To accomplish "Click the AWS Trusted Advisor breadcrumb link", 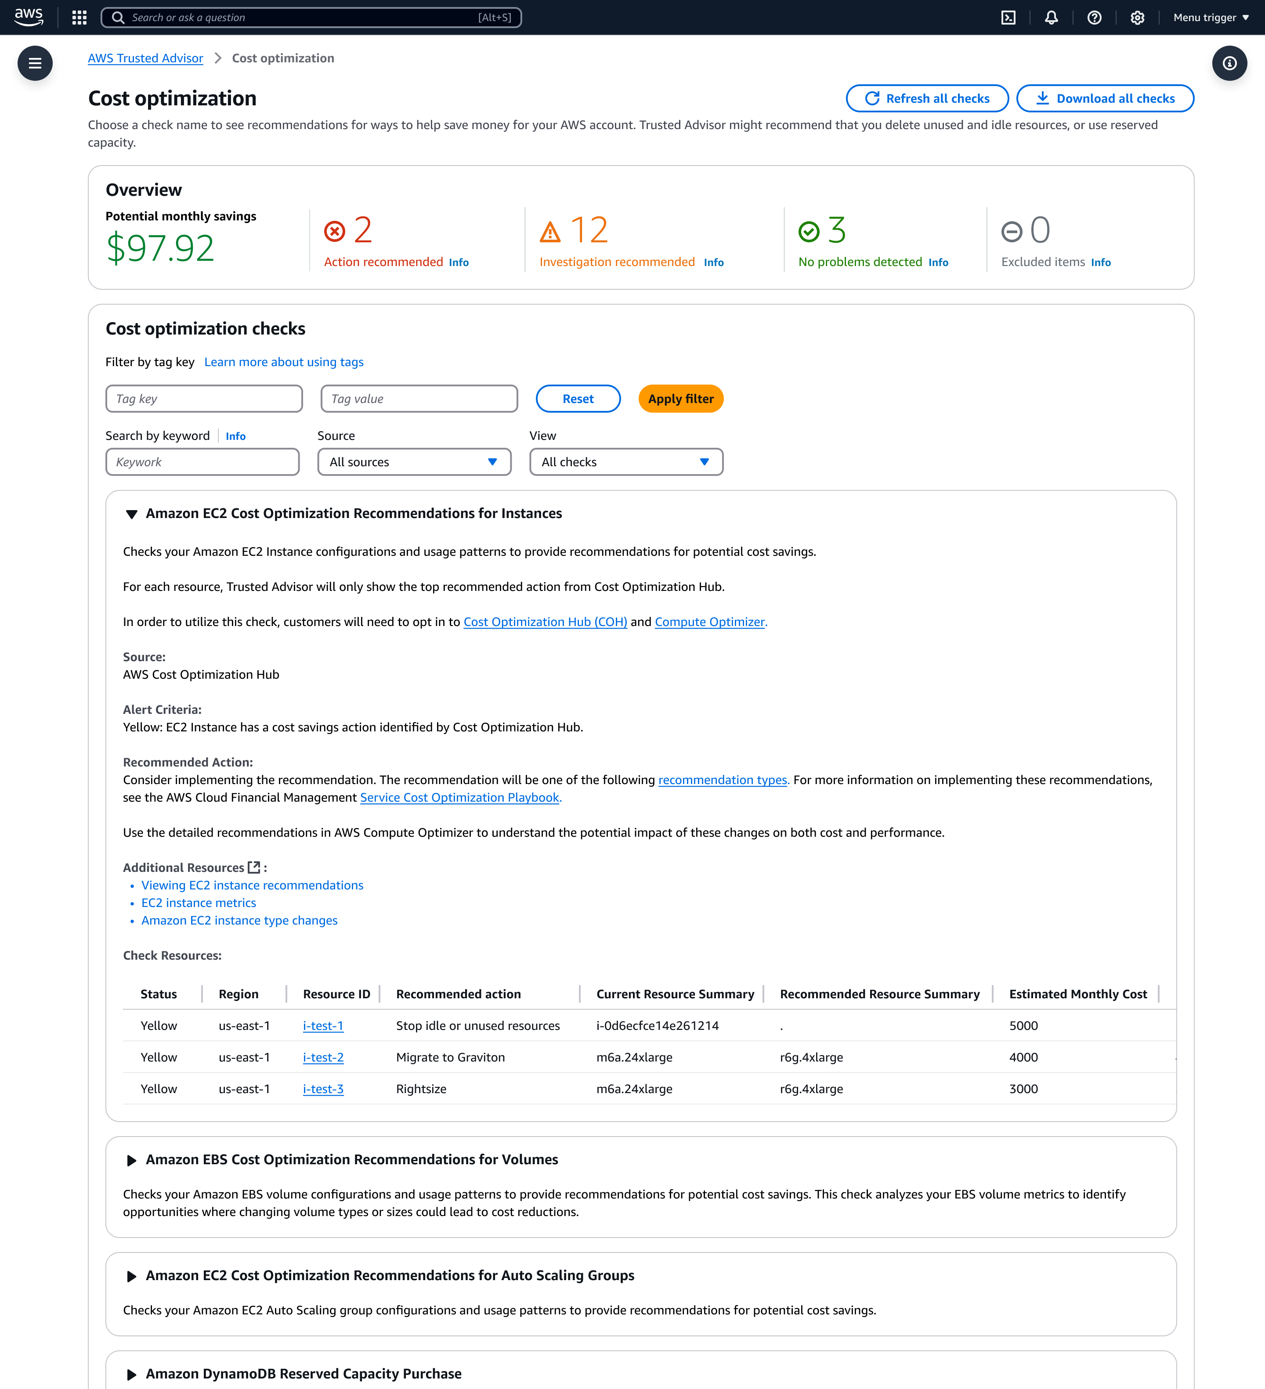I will (145, 58).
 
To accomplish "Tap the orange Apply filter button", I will (680, 399).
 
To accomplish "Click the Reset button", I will (578, 399).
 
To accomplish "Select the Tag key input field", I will (204, 399).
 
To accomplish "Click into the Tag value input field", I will (419, 399).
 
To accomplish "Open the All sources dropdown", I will (414, 462).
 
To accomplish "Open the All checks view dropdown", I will (626, 462).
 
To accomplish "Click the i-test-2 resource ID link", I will (323, 1058).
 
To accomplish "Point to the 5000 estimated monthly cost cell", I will (1023, 1026).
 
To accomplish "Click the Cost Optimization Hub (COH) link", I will (545, 622).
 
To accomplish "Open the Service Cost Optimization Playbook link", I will (460, 798).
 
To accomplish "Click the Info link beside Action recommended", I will (459, 263).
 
